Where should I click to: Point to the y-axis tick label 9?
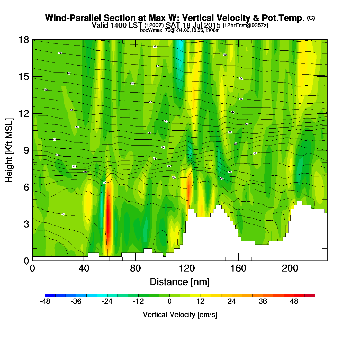(x=26, y=150)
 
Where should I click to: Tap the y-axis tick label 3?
(x=26, y=224)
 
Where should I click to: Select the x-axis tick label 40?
(x=84, y=268)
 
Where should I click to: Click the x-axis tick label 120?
(x=187, y=268)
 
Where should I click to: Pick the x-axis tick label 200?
(x=290, y=268)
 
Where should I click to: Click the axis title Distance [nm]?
(x=180, y=282)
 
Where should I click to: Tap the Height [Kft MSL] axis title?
(x=9, y=150)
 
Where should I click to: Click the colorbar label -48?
(x=45, y=301)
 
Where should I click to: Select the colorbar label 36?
(x=263, y=301)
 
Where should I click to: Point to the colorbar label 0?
(x=169, y=301)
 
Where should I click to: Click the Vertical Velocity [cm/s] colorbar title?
(x=180, y=314)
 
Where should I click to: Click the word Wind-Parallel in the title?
(x=74, y=18)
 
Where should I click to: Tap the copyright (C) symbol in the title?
(x=311, y=18)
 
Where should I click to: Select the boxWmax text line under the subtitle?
(x=180, y=30)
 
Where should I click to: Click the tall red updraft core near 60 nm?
(x=108, y=219)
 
